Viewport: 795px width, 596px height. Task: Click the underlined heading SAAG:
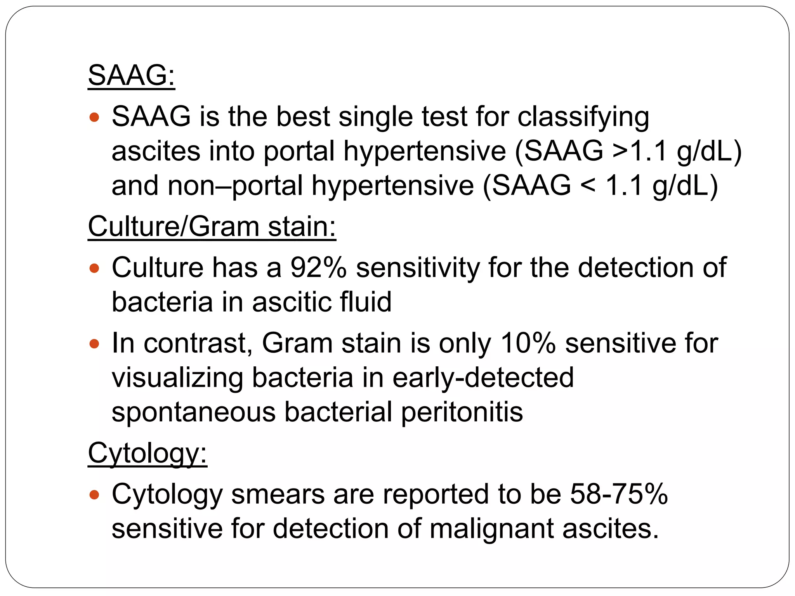[131, 75]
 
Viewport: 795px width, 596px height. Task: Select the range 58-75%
[619, 494]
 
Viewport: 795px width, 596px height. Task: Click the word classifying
[583, 117]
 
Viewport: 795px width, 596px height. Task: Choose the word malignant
[491, 529]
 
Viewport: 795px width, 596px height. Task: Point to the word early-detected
[483, 378]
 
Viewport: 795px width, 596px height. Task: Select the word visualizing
[177, 378]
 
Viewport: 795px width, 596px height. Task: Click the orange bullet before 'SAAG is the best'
[94, 117]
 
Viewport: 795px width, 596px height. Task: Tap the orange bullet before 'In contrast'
[94, 343]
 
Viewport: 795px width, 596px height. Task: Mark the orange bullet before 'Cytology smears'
[94, 495]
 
